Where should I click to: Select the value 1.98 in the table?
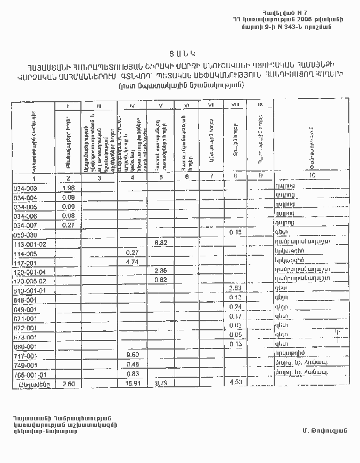(68, 188)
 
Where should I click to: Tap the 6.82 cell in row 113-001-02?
(161, 243)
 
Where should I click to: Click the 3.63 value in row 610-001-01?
(235, 288)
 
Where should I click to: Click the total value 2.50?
(68, 383)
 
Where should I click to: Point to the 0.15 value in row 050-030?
(235, 232)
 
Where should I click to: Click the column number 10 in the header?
(312, 175)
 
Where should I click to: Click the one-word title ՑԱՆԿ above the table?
(179, 53)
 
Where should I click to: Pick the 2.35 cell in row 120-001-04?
(161, 271)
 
